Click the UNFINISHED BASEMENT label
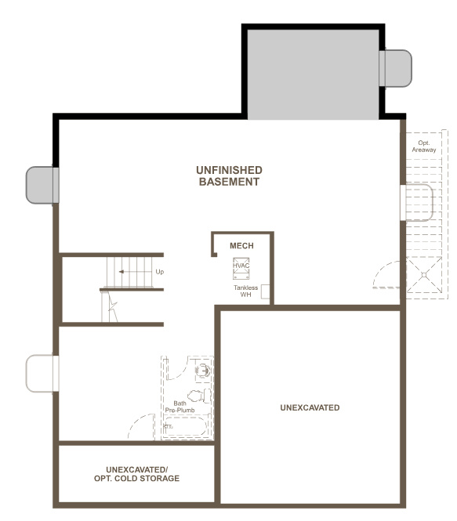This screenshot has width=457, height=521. (x=229, y=175)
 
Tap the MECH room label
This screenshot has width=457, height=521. (x=241, y=246)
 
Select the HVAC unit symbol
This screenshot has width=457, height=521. (x=241, y=269)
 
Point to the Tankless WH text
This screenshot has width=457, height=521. (x=245, y=291)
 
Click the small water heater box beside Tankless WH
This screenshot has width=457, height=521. (x=266, y=292)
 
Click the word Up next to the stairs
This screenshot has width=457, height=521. (x=160, y=272)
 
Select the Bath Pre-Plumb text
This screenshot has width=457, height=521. (x=175, y=407)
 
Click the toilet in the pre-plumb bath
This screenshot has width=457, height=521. (x=198, y=396)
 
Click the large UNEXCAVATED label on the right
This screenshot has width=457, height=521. (x=310, y=408)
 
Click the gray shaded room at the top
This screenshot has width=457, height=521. (x=314, y=74)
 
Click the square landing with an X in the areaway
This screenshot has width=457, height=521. (x=426, y=276)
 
